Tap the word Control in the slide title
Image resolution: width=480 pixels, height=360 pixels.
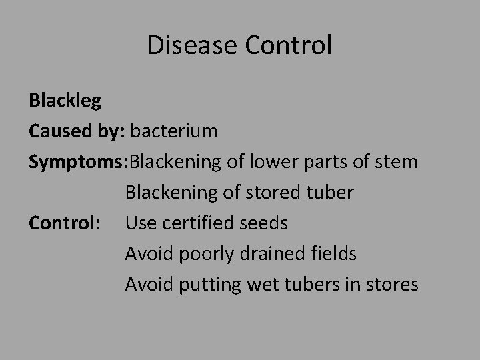pos(289,45)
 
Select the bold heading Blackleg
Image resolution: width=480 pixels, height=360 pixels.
pos(65,101)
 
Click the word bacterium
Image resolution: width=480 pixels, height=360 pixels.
pos(174,131)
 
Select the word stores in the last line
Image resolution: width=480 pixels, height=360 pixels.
pos(393,285)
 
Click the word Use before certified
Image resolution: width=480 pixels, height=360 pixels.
pos(140,223)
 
